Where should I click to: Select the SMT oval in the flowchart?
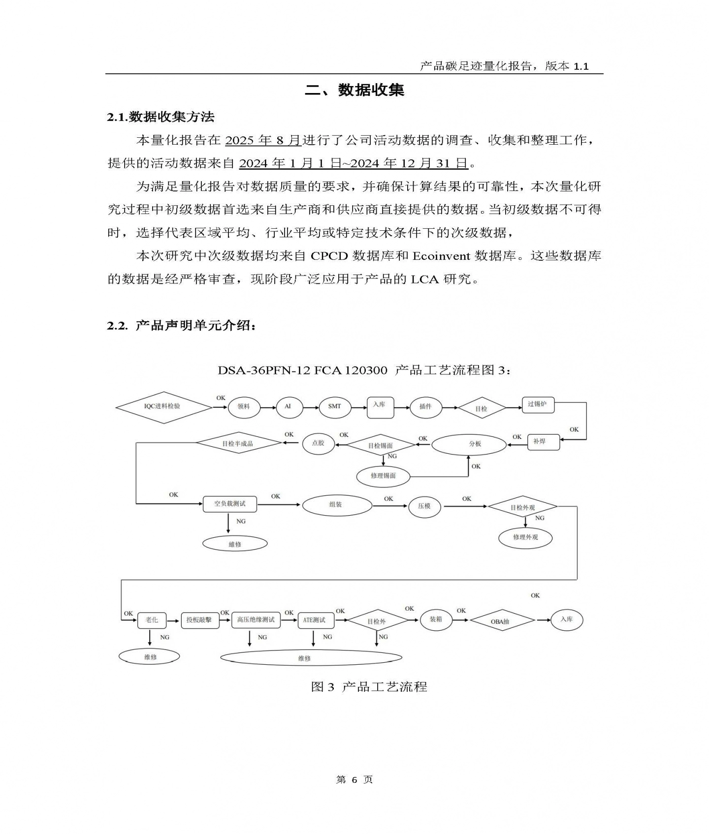tap(334, 406)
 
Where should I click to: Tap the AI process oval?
tap(288, 406)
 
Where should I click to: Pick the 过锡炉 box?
tap(538, 404)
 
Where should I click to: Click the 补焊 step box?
tap(543, 442)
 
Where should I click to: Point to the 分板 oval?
tap(469, 444)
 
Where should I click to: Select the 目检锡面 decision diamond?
tap(381, 446)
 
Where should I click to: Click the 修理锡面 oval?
tap(383, 476)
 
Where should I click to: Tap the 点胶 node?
tap(318, 443)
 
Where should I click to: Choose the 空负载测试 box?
tap(230, 504)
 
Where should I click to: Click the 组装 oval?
tap(337, 505)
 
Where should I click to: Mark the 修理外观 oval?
tap(525, 537)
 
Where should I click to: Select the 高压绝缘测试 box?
tap(256, 620)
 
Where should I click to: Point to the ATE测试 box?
tap(315, 620)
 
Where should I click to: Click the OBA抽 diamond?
tap(502, 621)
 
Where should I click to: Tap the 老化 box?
tap(152, 620)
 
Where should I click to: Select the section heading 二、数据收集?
tap(354, 90)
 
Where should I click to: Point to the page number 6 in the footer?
tap(354, 780)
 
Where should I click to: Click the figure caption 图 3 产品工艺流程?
tap(369, 686)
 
